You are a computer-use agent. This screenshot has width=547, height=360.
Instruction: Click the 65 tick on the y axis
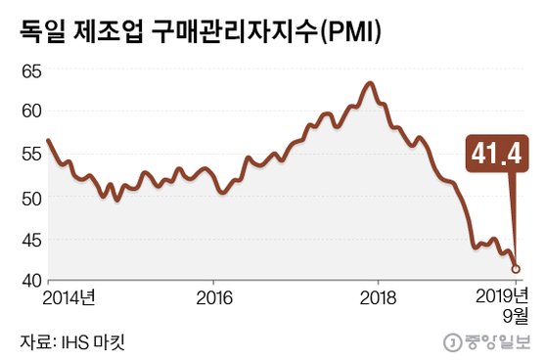(30, 71)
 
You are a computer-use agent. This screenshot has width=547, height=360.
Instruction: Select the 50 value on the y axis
(30, 198)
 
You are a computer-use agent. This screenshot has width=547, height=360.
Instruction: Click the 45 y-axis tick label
(30, 240)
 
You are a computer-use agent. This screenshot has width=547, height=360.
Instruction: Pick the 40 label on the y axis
(30, 281)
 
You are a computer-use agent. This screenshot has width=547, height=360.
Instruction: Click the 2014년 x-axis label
(70, 296)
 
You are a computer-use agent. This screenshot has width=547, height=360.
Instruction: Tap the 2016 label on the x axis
(215, 296)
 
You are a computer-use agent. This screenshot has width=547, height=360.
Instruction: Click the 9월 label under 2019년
(516, 315)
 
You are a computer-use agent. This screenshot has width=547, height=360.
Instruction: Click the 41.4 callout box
(497, 155)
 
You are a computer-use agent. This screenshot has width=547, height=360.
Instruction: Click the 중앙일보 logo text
(495, 342)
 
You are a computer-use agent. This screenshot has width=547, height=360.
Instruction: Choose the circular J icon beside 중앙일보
(453, 342)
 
